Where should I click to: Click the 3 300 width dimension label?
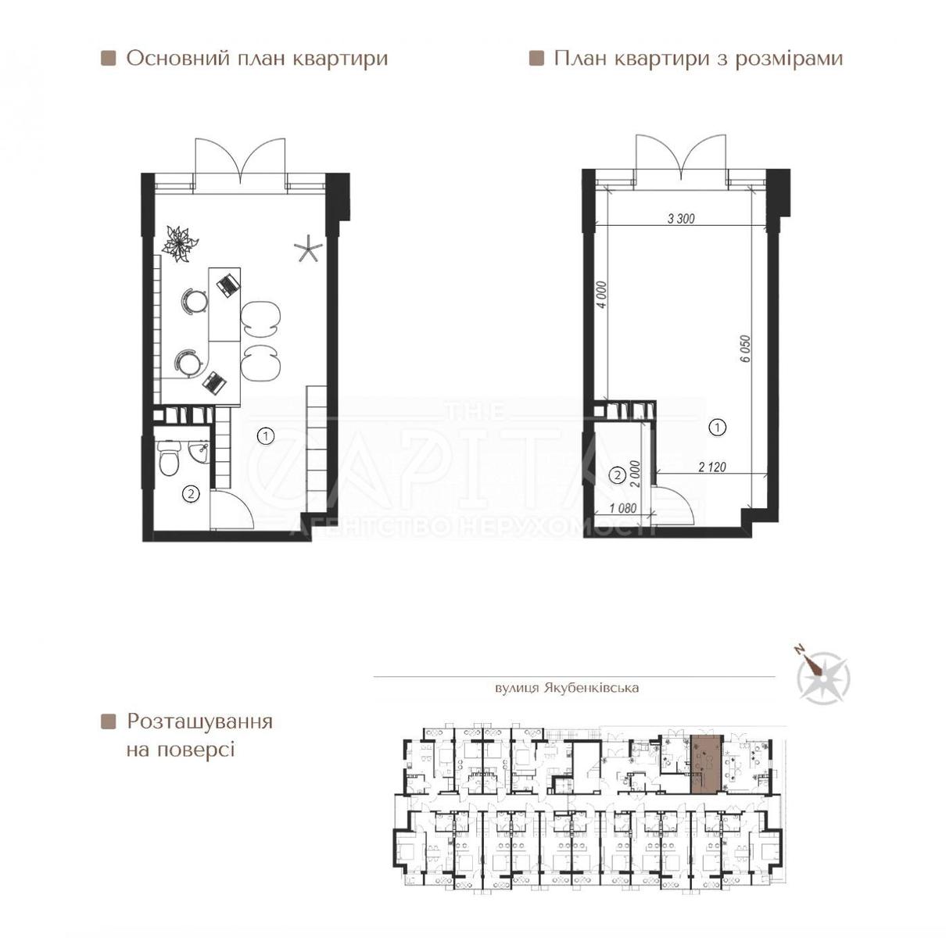682,218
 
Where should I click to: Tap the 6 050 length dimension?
746,349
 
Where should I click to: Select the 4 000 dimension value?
602,295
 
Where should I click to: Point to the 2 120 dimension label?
711,467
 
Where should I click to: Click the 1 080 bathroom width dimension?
623,508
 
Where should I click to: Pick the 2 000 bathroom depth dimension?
636,473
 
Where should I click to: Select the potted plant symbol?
180,243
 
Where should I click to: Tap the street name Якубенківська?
590,688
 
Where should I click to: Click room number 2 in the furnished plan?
191,494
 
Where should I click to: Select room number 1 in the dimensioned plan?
718,427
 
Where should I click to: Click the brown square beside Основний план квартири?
108,59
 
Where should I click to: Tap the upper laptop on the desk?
228,286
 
